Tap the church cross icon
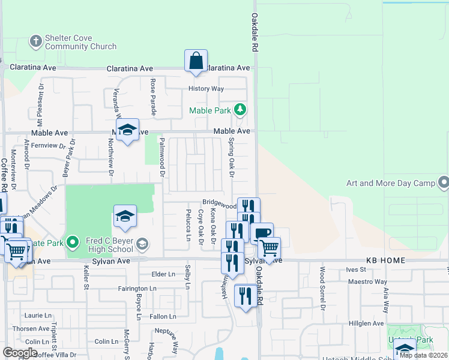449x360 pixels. tap(35, 41)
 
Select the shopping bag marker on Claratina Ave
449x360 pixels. tap(196, 61)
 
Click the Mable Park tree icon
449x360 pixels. tap(240, 109)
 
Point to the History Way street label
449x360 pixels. tap(206, 89)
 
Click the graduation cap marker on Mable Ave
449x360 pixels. tap(127, 130)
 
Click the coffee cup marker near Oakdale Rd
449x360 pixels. tap(262, 233)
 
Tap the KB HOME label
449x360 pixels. tap(385, 261)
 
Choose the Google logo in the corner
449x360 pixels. tap(20, 353)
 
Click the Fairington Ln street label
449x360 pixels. tap(137, 289)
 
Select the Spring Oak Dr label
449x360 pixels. tap(231, 158)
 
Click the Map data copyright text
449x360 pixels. tap(423, 355)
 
